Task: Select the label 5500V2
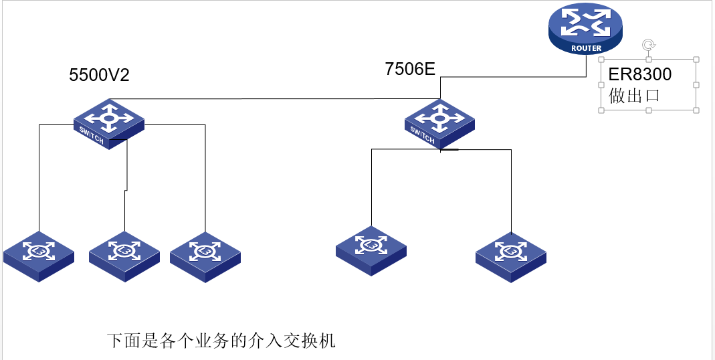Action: (x=100, y=75)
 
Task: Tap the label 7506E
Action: (x=411, y=70)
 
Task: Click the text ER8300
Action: (x=640, y=74)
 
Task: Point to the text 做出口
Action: (x=634, y=96)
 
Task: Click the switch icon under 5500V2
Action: (x=109, y=124)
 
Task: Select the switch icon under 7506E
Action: (x=440, y=124)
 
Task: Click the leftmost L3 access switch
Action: (x=38, y=256)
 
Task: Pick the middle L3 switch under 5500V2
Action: (x=124, y=256)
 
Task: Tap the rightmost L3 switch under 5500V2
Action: (x=205, y=256)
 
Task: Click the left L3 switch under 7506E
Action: (x=371, y=251)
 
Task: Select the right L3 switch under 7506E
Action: (x=511, y=256)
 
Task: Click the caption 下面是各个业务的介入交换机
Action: (x=221, y=341)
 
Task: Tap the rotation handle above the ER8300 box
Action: (x=649, y=45)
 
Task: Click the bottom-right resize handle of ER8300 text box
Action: (x=696, y=110)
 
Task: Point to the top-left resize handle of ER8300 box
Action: (x=601, y=60)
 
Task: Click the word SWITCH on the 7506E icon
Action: (x=422, y=135)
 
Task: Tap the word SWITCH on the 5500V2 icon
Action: (x=91, y=136)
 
